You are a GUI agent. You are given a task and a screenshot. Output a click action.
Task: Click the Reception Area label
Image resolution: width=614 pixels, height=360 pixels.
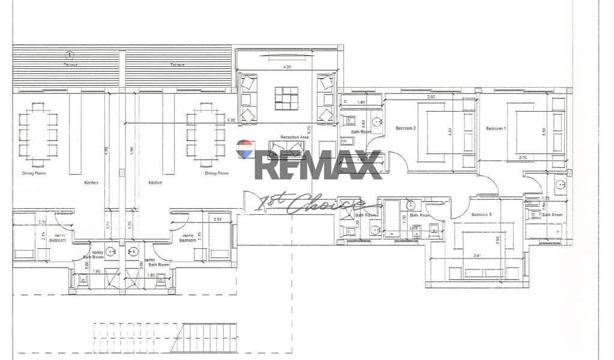click(x=294, y=137)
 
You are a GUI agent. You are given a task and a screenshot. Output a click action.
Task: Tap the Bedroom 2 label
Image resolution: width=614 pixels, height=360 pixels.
click(x=406, y=128)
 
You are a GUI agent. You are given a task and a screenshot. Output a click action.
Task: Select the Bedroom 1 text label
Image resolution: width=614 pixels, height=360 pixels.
click(x=496, y=128)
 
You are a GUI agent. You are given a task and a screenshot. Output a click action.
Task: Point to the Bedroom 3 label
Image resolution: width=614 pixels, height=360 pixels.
click(x=481, y=215)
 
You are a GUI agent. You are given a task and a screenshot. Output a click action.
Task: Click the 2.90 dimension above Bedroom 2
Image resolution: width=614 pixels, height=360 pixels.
click(x=430, y=97)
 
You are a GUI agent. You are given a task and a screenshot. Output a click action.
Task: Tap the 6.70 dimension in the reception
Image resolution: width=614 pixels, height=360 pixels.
click(x=308, y=128)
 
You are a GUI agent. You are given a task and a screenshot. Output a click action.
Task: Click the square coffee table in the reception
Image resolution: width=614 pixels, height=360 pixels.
click(x=286, y=98)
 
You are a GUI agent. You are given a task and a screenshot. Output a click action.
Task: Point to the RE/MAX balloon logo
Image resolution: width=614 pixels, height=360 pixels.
click(x=244, y=149)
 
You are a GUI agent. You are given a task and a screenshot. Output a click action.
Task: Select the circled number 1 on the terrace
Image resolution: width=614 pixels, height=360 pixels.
click(x=70, y=56)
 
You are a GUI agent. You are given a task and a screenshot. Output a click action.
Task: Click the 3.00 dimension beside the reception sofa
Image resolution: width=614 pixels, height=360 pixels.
click(x=230, y=121)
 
